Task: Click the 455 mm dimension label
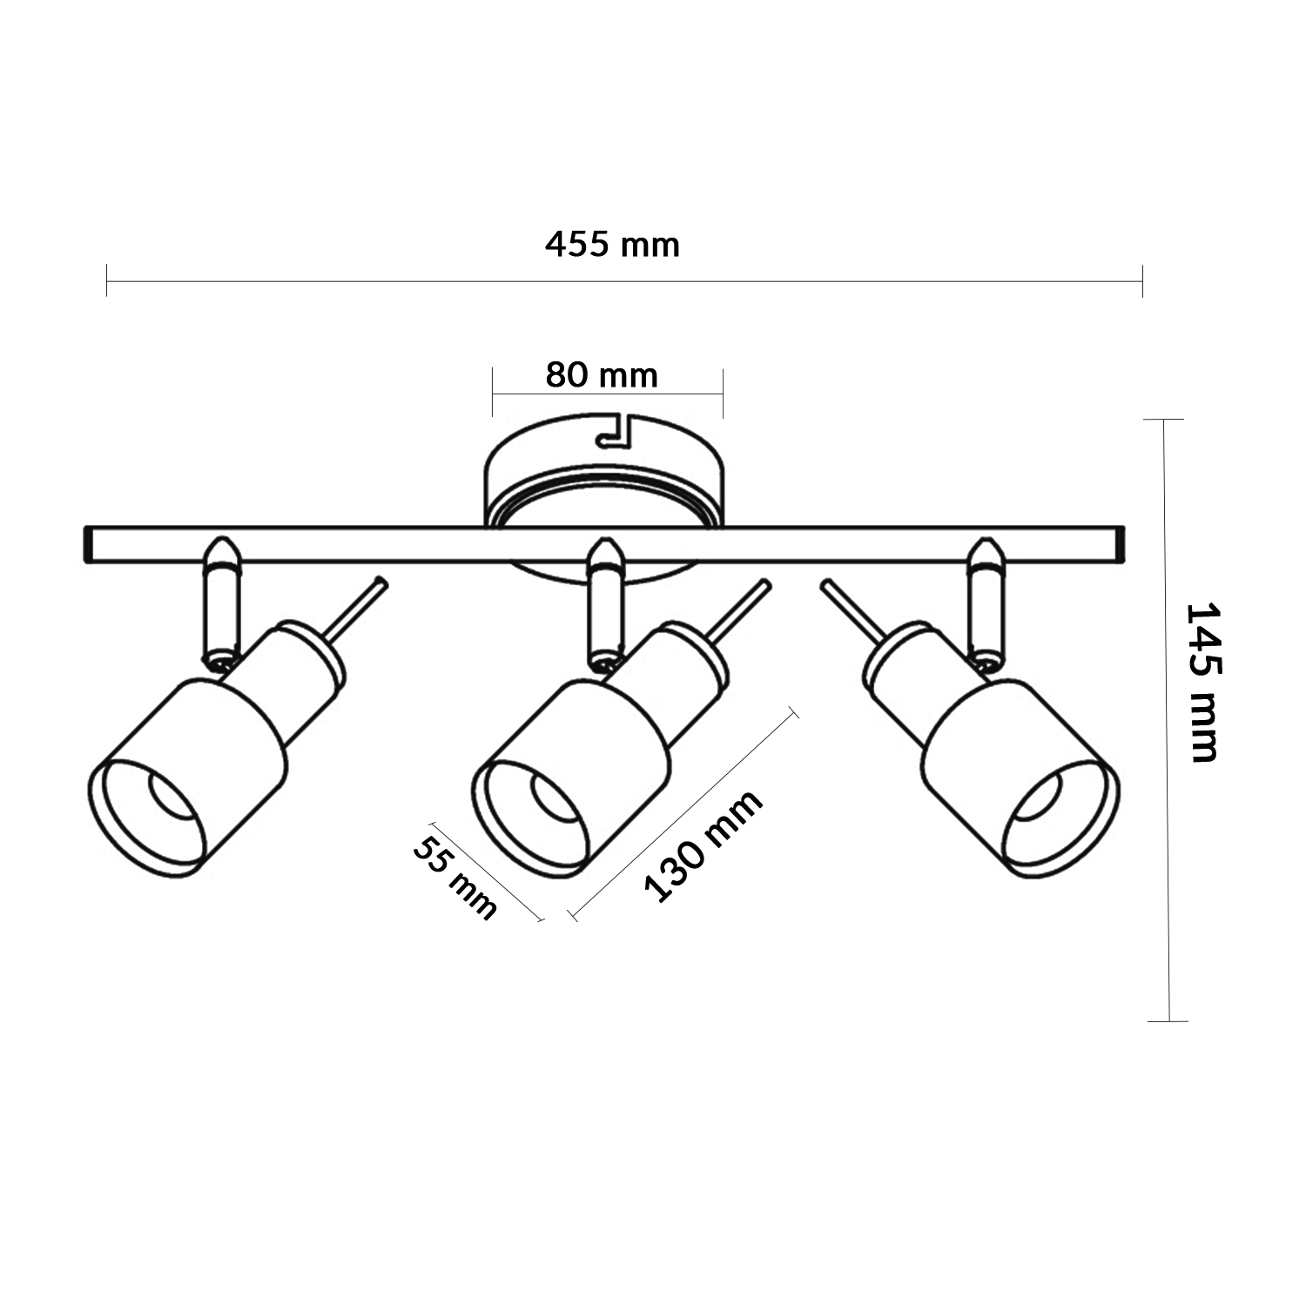point(612,245)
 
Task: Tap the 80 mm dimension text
point(602,375)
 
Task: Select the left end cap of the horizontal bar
point(89,544)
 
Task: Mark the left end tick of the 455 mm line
point(106,280)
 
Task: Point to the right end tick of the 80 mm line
point(723,393)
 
